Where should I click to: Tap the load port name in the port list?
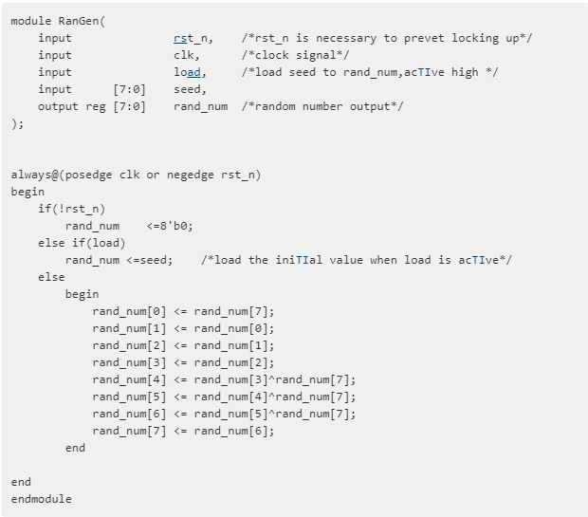[188, 72]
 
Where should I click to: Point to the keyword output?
[58, 106]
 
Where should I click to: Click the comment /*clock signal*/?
[296, 55]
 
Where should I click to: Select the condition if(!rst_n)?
[72, 209]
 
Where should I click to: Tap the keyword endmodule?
[41, 499]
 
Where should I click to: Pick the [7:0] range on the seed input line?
[129, 89]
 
